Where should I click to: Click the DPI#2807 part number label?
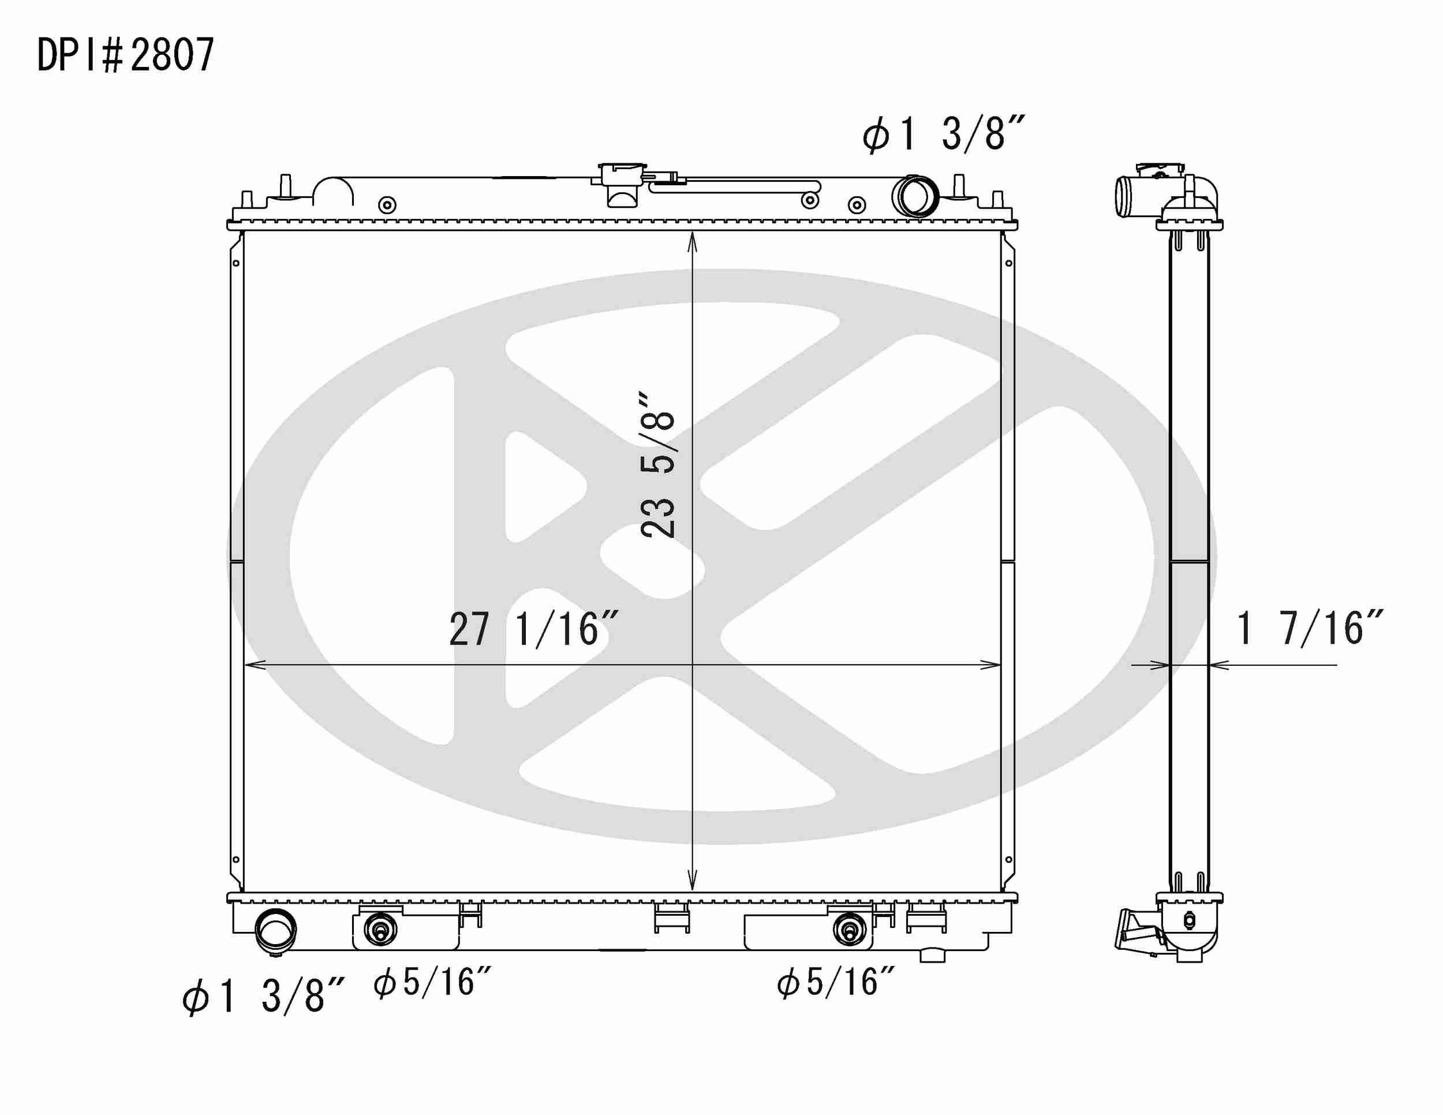coord(125,55)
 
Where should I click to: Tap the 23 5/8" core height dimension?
coord(658,465)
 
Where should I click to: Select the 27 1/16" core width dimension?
coord(534,629)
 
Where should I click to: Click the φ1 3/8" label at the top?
coord(944,134)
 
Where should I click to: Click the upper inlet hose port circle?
coord(914,196)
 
